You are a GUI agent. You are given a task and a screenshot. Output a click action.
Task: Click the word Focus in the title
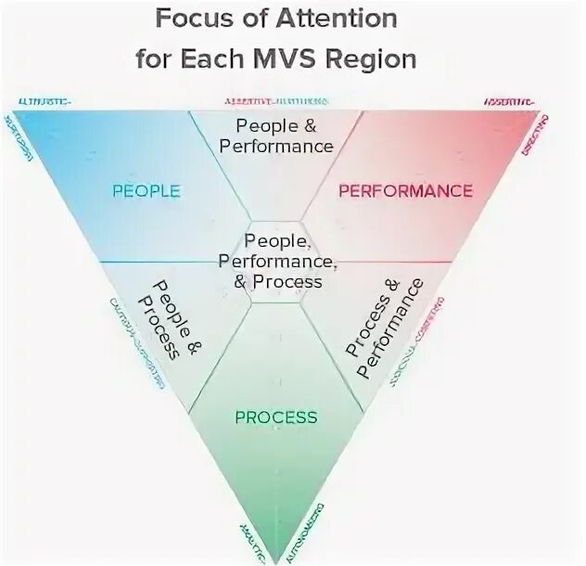[x=188, y=19]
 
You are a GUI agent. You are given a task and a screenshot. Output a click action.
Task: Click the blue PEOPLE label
[x=146, y=191]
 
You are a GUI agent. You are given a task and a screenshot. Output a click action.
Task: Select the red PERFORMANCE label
[x=405, y=191]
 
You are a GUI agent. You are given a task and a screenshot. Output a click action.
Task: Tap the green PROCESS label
[x=276, y=418]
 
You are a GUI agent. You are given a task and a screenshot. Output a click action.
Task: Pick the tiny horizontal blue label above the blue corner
[x=45, y=100]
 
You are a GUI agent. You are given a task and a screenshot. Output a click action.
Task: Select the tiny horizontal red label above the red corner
[x=508, y=100]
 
